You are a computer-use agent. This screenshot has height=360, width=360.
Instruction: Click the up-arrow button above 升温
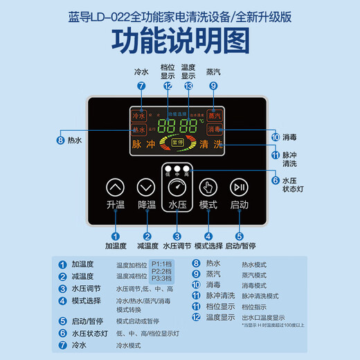(115, 186)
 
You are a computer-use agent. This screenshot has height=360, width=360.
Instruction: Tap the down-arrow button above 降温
(146, 186)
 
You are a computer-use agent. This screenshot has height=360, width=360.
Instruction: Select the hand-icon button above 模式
(208, 186)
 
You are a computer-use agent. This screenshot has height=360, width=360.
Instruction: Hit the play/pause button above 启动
(239, 186)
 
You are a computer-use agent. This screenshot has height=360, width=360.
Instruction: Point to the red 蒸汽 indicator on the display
(215, 116)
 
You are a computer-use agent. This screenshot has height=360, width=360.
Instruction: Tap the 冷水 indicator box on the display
(138, 116)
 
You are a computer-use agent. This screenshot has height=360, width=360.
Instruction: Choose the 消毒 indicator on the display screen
(215, 129)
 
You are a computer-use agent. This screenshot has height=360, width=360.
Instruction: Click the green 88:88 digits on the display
(177, 126)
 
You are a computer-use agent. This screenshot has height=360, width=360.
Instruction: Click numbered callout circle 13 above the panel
(188, 86)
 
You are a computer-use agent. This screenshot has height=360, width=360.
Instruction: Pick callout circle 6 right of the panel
(276, 180)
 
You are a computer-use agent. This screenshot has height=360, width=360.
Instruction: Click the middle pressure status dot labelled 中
(177, 168)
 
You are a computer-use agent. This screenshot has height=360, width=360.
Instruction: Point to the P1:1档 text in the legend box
(163, 263)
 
